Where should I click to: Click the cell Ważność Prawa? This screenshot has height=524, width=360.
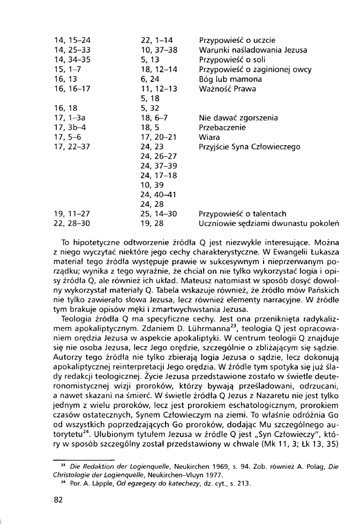pos(227,88)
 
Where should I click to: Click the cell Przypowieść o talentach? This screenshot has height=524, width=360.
pos(242,213)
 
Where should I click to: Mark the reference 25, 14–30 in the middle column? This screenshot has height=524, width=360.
pos(159,213)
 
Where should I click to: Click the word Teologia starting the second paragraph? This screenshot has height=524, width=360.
pos(78,317)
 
